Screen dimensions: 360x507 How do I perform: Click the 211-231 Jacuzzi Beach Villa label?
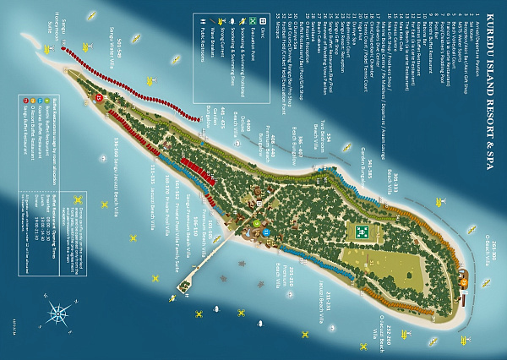320,299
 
